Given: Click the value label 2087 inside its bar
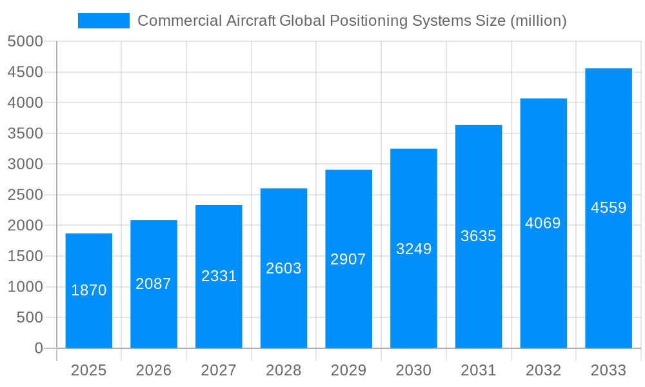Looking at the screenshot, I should (x=154, y=284).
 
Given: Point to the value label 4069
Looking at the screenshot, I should (x=543, y=223).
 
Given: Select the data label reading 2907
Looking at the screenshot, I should (x=348, y=259).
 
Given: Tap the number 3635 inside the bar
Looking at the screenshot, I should (x=479, y=236).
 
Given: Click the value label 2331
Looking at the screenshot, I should (x=219, y=276).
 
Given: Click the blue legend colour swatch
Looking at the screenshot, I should (x=104, y=21).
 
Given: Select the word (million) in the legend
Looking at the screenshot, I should (x=538, y=21).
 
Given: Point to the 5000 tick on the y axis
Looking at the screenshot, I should (x=25, y=42).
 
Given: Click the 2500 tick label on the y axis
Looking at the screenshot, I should (x=25, y=195).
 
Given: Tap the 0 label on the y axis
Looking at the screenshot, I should (x=38, y=348).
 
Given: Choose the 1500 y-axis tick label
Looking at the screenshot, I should (x=25, y=256).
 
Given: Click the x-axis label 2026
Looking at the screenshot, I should (x=154, y=370).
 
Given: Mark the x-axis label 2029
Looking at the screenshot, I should (x=348, y=370).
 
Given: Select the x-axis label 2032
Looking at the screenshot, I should (x=543, y=370).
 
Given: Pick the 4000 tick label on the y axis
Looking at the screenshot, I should (x=25, y=103).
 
